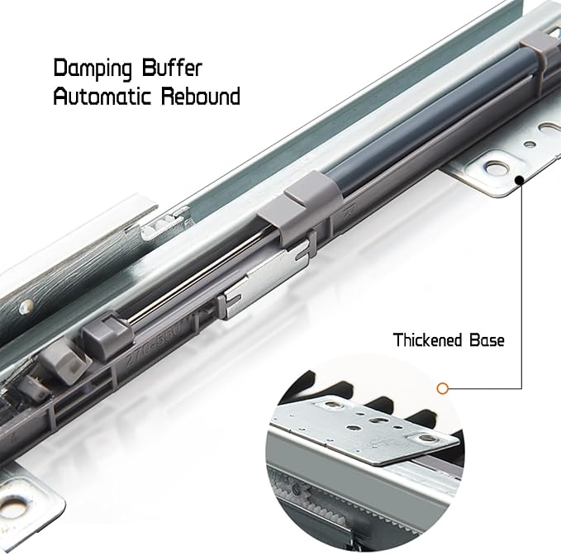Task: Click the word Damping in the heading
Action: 93,69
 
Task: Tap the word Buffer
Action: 172,67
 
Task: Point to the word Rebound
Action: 201,96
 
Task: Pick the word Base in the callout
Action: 487,339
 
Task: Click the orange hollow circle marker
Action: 443,388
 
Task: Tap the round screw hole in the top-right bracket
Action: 497,167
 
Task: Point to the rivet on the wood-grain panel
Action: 26,307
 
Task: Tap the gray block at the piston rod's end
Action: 107,334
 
